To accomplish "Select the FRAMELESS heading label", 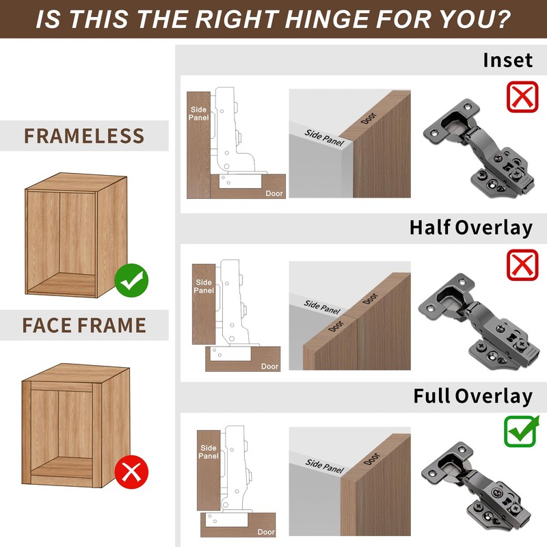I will click(x=84, y=135).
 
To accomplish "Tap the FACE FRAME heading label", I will click(x=84, y=324).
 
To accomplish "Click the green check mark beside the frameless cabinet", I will click(x=131, y=279).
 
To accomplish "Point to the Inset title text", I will click(x=507, y=60).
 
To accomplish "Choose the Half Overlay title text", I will click(x=470, y=228).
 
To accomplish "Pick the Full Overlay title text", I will click(x=472, y=396).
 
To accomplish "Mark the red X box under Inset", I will click(x=522, y=96).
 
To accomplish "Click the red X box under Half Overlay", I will click(x=522, y=264).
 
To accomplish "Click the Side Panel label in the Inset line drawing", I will click(x=199, y=113).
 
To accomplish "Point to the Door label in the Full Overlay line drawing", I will click(x=266, y=532).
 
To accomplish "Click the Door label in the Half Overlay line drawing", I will click(x=269, y=366).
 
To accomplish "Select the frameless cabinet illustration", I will click(x=77, y=235).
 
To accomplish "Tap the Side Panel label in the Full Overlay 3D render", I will click(x=323, y=466).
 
